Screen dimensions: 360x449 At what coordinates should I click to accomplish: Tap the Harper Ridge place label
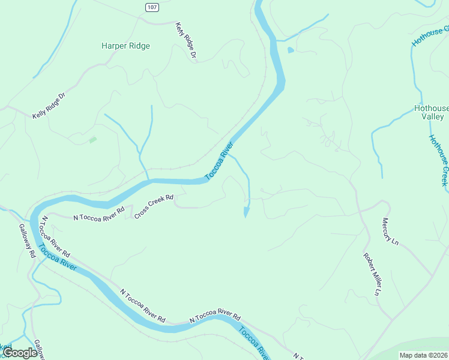125,46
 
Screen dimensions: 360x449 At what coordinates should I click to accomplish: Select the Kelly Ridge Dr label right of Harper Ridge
186,41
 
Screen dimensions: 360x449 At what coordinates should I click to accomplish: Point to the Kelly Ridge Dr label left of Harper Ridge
49,106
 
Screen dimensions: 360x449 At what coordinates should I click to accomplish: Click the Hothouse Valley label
432,112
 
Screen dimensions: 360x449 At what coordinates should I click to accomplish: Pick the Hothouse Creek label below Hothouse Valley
438,160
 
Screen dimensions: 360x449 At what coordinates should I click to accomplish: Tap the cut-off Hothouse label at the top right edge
430,36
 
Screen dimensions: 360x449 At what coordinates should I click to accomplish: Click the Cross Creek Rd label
154,206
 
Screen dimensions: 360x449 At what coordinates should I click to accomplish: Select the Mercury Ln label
390,232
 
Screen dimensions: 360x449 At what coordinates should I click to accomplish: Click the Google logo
20,353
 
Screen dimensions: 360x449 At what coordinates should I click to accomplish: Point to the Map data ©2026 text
423,355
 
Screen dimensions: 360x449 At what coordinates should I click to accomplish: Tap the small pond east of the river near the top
291,50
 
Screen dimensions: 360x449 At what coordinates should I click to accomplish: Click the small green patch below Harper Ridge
92,140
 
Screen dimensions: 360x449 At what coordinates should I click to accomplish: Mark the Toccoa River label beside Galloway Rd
58,257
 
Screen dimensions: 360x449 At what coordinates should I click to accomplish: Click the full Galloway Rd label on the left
28,241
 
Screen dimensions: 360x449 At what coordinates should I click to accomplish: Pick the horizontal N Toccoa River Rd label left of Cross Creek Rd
98,214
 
